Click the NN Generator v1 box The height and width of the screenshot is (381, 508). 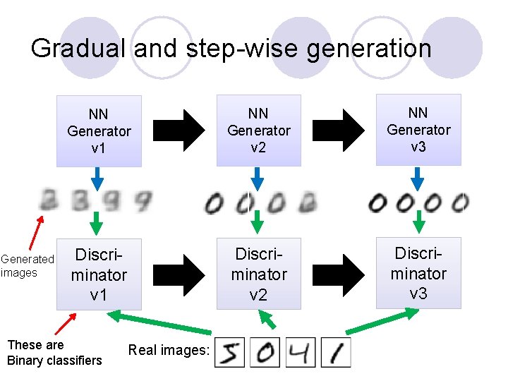99,131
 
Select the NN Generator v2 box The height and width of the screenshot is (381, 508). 258,131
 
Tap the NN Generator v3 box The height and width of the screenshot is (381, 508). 418,130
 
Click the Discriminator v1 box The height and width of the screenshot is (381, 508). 99,274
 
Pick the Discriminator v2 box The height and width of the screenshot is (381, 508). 258,274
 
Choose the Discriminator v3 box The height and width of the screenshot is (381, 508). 418,273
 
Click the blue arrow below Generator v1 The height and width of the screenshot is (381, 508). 98,176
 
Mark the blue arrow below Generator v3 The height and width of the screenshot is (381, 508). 418,176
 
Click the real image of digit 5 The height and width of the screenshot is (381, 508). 229,351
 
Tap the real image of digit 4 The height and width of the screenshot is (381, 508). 303,351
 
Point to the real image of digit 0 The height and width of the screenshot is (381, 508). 265,351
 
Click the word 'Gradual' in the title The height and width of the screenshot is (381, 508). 78,49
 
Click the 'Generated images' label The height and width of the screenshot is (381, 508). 27,266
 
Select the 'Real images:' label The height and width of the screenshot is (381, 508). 169,351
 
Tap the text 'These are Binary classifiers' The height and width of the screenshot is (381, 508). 54,353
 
